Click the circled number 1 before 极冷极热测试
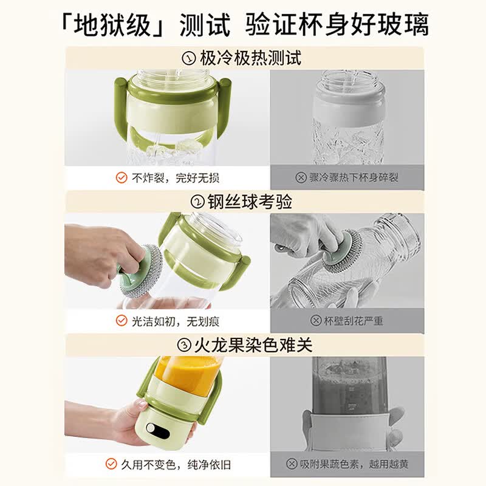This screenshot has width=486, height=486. (189, 58)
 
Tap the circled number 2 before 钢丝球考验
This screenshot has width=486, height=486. (197, 202)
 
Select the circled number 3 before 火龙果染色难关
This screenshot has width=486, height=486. (184, 345)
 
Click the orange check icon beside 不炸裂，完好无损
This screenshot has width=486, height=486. (122, 178)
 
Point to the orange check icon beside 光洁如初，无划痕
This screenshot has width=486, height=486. (122, 321)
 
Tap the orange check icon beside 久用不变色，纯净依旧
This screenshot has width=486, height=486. (111, 464)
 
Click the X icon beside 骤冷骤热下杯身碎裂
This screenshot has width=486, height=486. (301, 177)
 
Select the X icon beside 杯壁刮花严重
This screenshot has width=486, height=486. (316, 321)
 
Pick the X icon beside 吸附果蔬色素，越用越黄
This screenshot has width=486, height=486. (292, 464)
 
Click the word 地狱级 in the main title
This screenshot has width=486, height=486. (112, 25)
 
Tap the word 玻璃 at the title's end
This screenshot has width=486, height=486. (403, 25)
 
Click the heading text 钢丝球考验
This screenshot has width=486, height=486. (250, 202)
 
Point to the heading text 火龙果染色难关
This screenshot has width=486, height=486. (253, 345)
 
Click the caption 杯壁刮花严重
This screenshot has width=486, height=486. (354, 321)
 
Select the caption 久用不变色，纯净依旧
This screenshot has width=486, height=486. (176, 464)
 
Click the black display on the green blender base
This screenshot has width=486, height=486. (158, 431)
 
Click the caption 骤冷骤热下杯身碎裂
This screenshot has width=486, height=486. (354, 177)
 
